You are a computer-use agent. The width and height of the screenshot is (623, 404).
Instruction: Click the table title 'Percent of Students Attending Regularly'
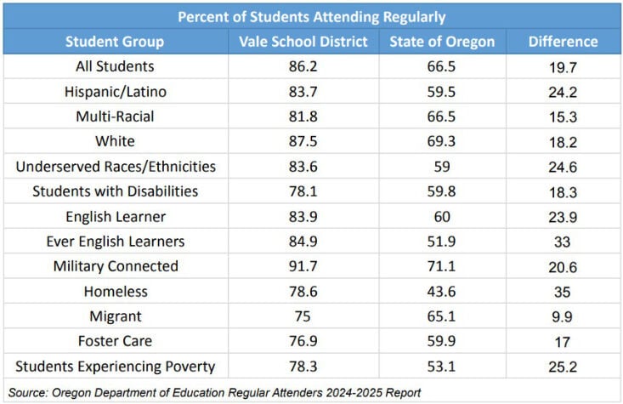coord(311,16)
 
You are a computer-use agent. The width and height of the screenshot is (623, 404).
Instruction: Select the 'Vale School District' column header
coord(303,42)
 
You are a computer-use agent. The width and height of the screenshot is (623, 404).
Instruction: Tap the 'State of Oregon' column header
coord(442,42)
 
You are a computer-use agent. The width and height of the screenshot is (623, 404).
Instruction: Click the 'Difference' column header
coord(563,42)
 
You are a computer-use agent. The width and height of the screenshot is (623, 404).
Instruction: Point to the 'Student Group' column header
coord(115,42)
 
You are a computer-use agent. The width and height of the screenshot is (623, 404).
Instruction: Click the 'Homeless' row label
coord(116,292)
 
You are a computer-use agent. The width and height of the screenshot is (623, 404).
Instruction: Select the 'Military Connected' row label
coord(116,266)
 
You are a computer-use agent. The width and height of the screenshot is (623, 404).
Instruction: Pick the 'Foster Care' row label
coord(116,342)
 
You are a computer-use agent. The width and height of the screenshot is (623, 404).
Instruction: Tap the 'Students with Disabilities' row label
coord(116,191)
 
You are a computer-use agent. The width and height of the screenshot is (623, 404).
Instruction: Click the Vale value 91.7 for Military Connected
coord(303,267)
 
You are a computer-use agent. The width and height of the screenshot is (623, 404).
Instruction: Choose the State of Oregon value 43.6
coord(442,292)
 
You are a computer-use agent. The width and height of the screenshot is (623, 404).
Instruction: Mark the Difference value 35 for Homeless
coord(563,292)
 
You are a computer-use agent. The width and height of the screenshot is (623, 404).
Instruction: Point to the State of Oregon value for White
coord(442,141)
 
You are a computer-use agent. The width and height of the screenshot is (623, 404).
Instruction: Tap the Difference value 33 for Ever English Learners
coord(563,242)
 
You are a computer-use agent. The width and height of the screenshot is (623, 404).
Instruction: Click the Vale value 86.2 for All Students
coord(303,66)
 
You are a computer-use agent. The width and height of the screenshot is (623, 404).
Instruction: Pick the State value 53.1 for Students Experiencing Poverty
coord(442,367)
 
